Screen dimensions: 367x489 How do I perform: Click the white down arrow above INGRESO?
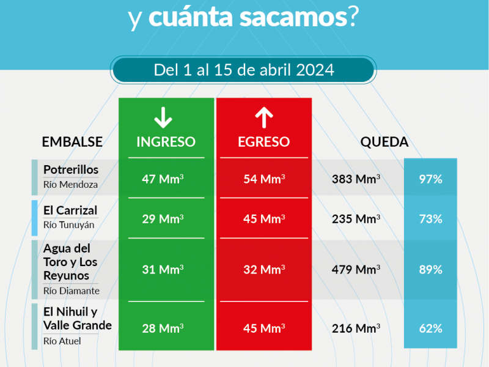[163, 116]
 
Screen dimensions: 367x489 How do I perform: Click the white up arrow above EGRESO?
[263, 116]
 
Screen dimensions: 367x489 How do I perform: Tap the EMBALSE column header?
[72, 142]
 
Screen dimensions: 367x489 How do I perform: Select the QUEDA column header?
[384, 142]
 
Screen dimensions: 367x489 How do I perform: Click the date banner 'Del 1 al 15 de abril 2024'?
[244, 70]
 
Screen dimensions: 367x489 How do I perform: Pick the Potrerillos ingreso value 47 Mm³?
[163, 179]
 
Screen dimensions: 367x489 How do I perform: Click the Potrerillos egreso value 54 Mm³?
[263, 179]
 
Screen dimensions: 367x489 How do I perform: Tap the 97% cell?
[430, 179]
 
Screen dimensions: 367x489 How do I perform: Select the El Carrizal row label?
[70, 210]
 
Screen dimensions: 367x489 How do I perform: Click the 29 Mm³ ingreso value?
[163, 218]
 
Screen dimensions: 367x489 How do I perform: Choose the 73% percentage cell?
[430, 218]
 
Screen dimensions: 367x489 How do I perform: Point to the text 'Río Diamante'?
[72, 291]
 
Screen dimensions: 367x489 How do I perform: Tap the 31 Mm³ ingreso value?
[163, 269]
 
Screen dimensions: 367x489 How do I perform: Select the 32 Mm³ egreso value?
[263, 269]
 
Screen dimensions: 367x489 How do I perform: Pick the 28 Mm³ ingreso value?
[163, 328]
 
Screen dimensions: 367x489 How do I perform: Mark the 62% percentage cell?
[430, 328]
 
